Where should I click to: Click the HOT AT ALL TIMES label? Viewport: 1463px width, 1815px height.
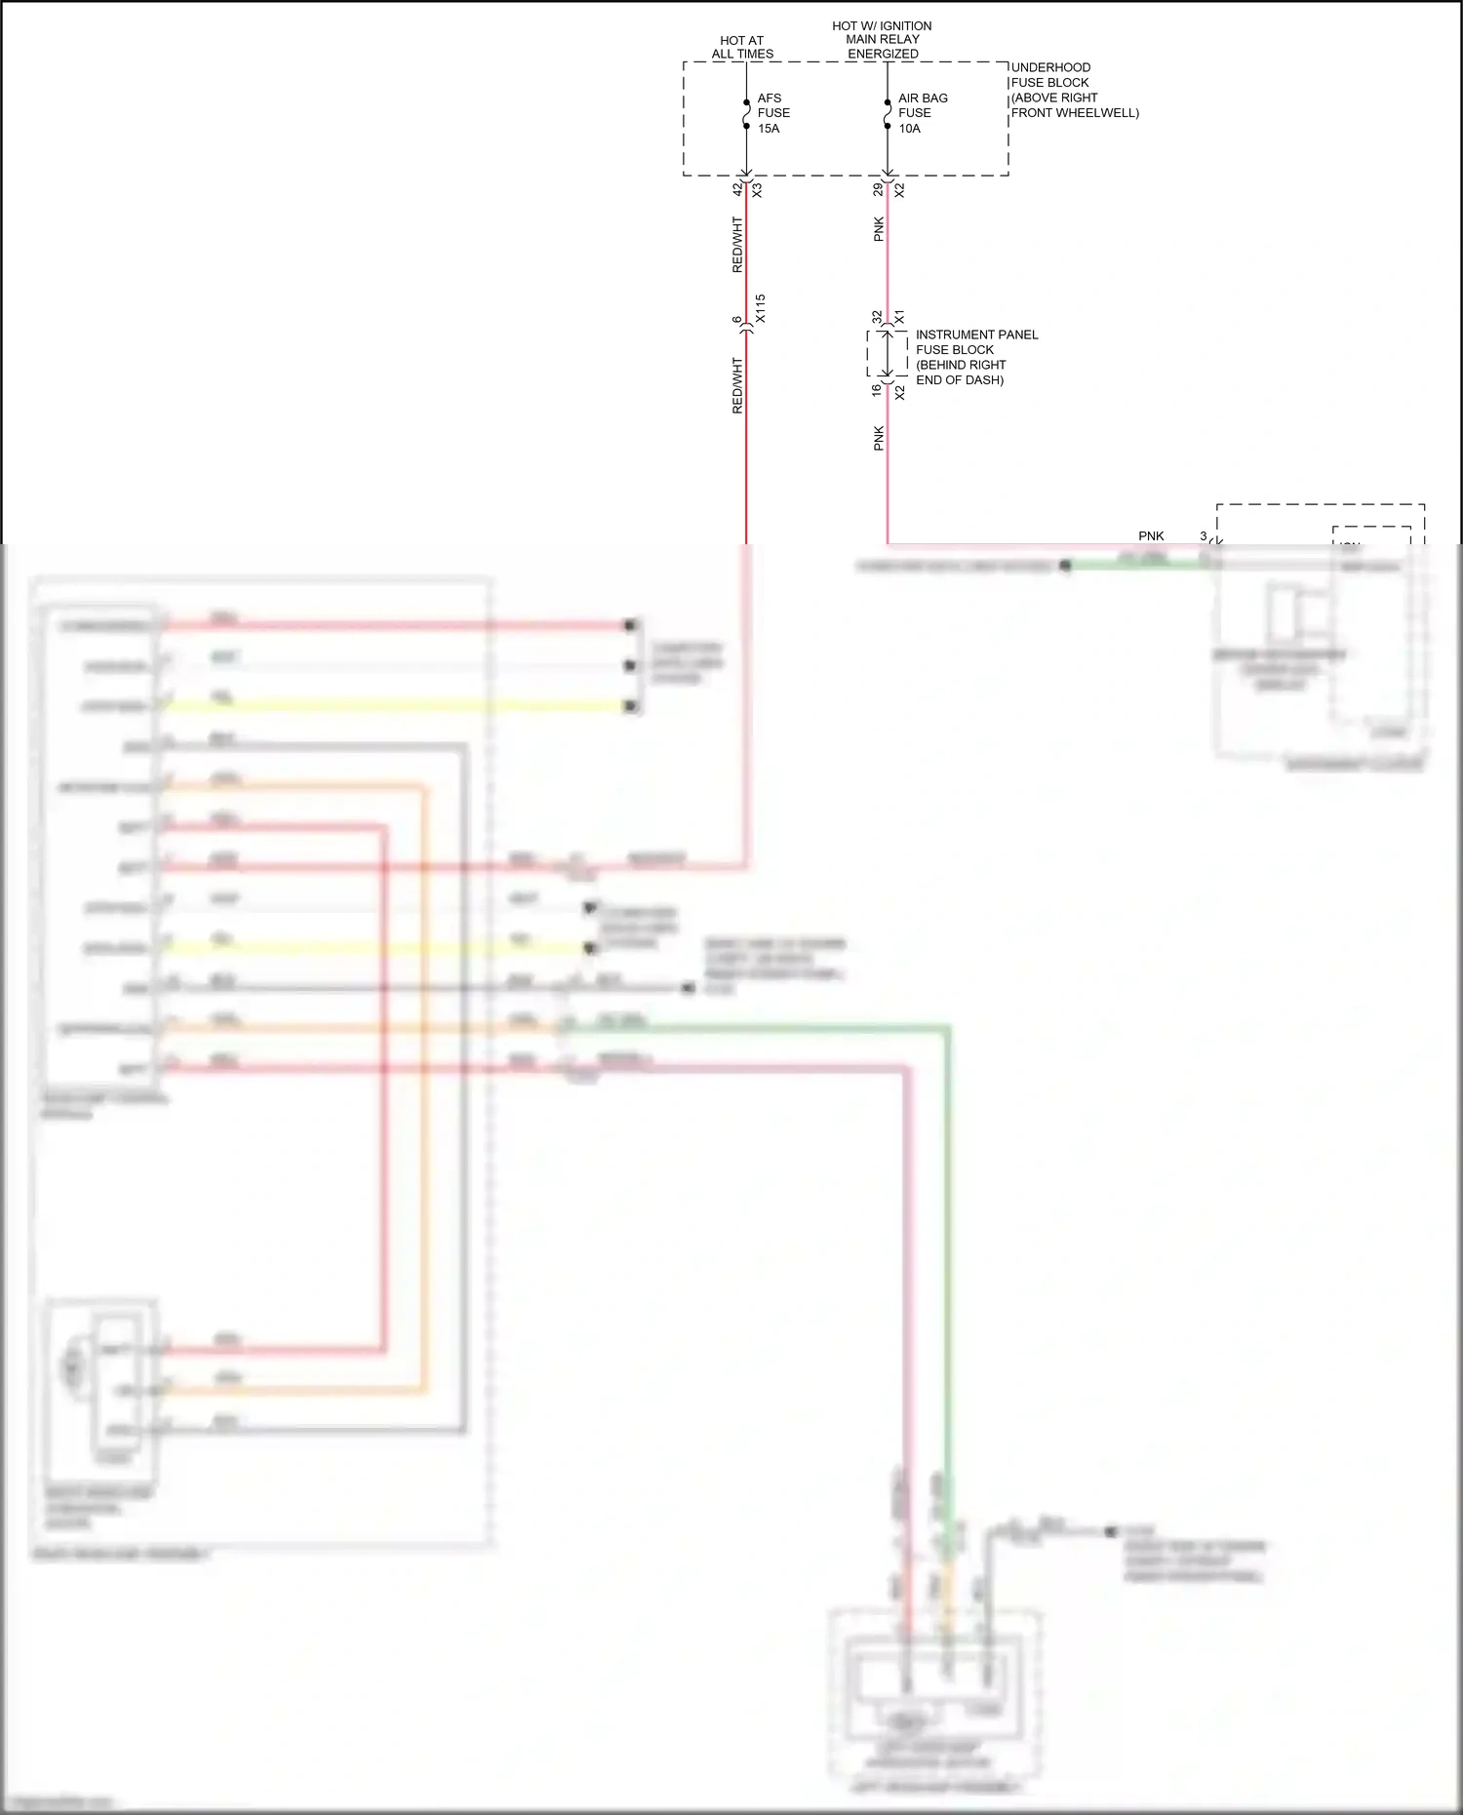click(742, 48)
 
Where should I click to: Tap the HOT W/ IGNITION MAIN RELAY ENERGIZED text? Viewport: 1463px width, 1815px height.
click(882, 40)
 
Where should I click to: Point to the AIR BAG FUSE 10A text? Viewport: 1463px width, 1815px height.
click(921, 113)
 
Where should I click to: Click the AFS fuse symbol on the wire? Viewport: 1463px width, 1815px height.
click(746, 114)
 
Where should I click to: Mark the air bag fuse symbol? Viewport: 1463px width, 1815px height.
click(888, 114)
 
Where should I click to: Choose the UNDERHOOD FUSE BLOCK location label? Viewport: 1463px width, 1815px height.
click(1073, 91)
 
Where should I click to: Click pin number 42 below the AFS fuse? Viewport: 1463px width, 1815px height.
click(737, 189)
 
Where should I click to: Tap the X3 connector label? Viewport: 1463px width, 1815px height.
click(757, 190)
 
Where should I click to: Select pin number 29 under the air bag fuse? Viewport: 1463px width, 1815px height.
click(878, 189)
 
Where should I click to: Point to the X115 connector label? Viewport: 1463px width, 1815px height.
click(761, 309)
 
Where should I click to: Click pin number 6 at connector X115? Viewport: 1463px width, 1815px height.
click(737, 320)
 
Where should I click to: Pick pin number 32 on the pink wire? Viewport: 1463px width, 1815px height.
click(878, 317)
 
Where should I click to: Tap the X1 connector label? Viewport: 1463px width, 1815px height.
click(899, 317)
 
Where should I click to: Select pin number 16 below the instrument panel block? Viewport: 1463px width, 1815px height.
click(877, 390)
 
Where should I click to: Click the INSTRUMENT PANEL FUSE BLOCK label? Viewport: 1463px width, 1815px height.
click(975, 357)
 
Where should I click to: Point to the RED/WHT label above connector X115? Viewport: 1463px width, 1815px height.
click(737, 245)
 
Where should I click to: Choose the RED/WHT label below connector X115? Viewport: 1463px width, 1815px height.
click(737, 386)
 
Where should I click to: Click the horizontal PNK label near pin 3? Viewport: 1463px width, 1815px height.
click(1151, 535)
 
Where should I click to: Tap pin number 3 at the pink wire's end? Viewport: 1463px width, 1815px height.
click(1204, 535)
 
